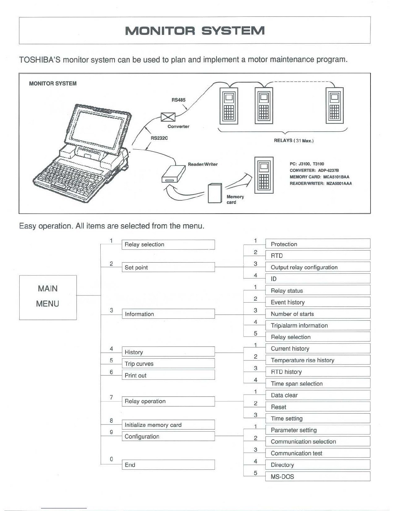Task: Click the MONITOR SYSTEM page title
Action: pos(195,31)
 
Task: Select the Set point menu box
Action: pos(168,267)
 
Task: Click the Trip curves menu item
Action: pos(168,364)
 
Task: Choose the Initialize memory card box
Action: pos(168,425)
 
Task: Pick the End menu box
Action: pos(168,465)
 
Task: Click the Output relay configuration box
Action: pos(317,267)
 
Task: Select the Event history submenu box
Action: pos(317,302)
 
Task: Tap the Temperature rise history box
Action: pos(317,360)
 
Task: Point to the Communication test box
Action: pos(317,453)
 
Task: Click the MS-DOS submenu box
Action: pos(317,476)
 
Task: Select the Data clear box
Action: pos(317,395)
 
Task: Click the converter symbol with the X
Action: pos(168,117)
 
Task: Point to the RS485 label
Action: pos(178,100)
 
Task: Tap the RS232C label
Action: pos(159,138)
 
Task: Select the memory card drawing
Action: pos(215,193)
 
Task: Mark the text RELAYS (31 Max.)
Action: pos(294,141)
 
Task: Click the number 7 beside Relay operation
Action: pos(111,397)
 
